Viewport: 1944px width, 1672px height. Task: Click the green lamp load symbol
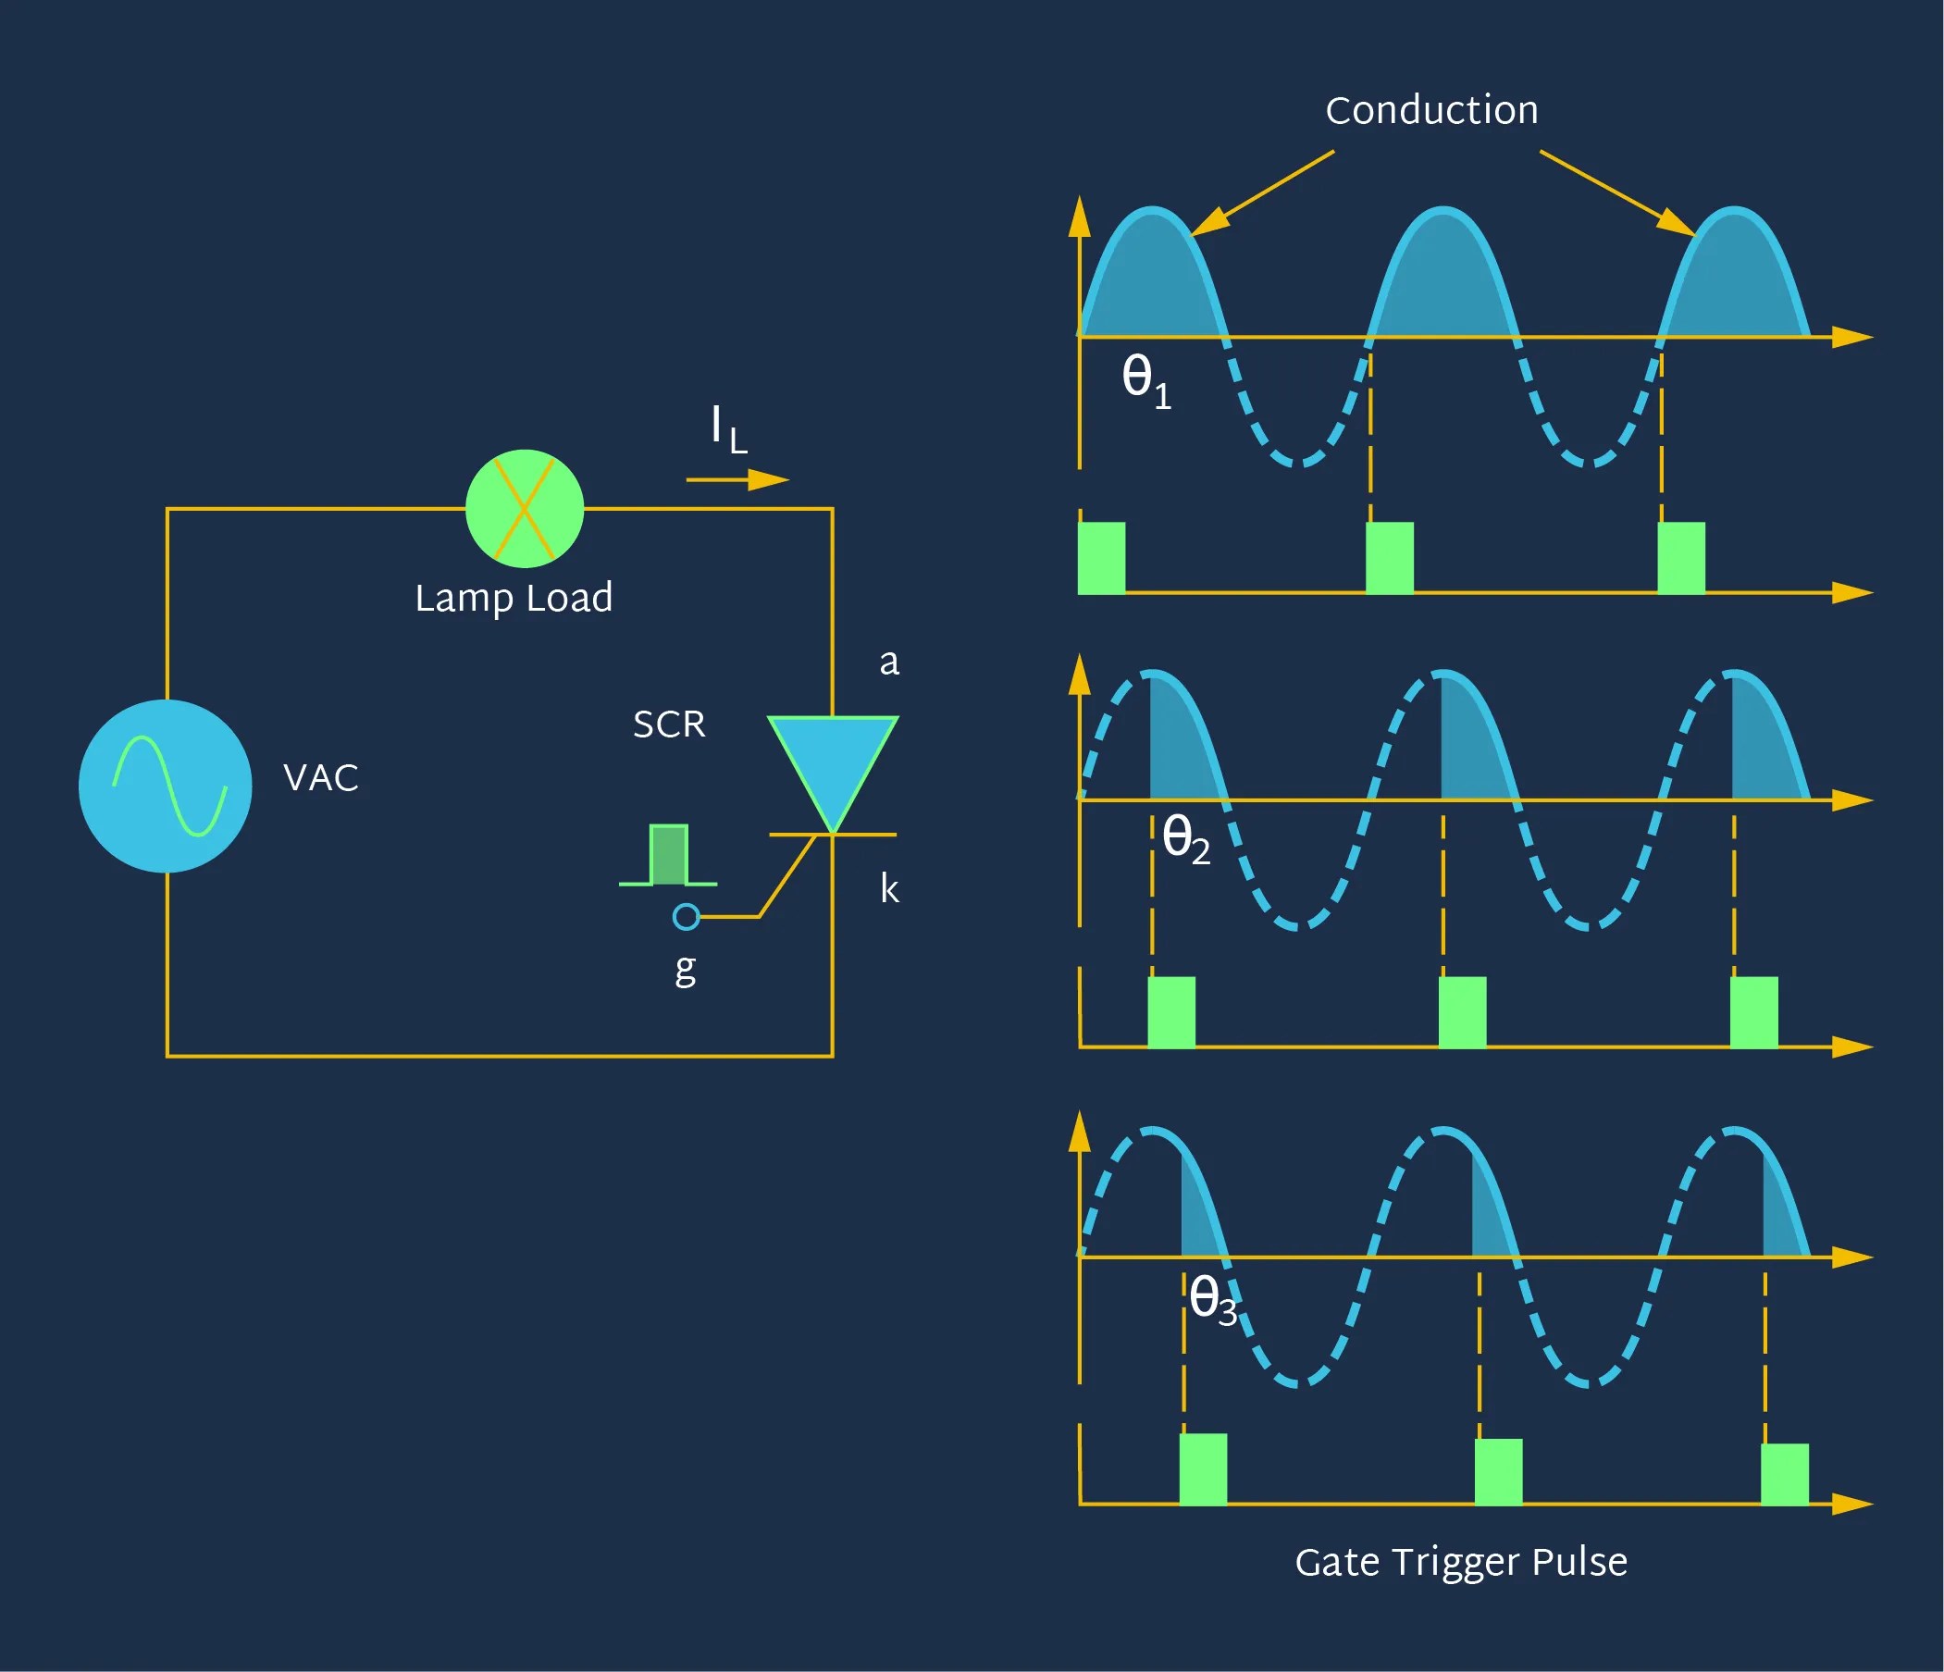tap(525, 509)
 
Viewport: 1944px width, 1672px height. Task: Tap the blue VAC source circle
tap(166, 786)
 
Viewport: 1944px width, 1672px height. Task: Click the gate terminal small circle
tap(687, 917)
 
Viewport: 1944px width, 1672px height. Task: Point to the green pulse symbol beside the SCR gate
tap(668, 856)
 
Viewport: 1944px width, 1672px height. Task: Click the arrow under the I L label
tap(737, 480)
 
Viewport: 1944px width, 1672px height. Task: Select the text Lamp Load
tap(514, 598)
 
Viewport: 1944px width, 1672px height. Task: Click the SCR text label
tap(669, 725)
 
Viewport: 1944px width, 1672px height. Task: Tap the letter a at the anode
tap(888, 663)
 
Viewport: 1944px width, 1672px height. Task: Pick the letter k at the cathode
tap(888, 887)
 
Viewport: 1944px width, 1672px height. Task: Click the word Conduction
tap(1431, 111)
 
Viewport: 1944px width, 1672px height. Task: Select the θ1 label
tap(1145, 379)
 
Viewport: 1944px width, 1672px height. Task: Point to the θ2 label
tap(1185, 837)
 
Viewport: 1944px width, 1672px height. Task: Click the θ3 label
tap(1212, 1299)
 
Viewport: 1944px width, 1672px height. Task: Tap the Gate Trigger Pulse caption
tap(1461, 1562)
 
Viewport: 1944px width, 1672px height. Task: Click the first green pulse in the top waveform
tap(1101, 558)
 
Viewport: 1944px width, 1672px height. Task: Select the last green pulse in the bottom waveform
tap(1785, 1474)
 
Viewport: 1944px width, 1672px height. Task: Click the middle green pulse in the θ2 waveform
tap(1463, 1012)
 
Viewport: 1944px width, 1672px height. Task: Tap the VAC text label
tap(321, 778)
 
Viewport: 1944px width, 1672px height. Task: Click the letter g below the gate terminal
tap(686, 968)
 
